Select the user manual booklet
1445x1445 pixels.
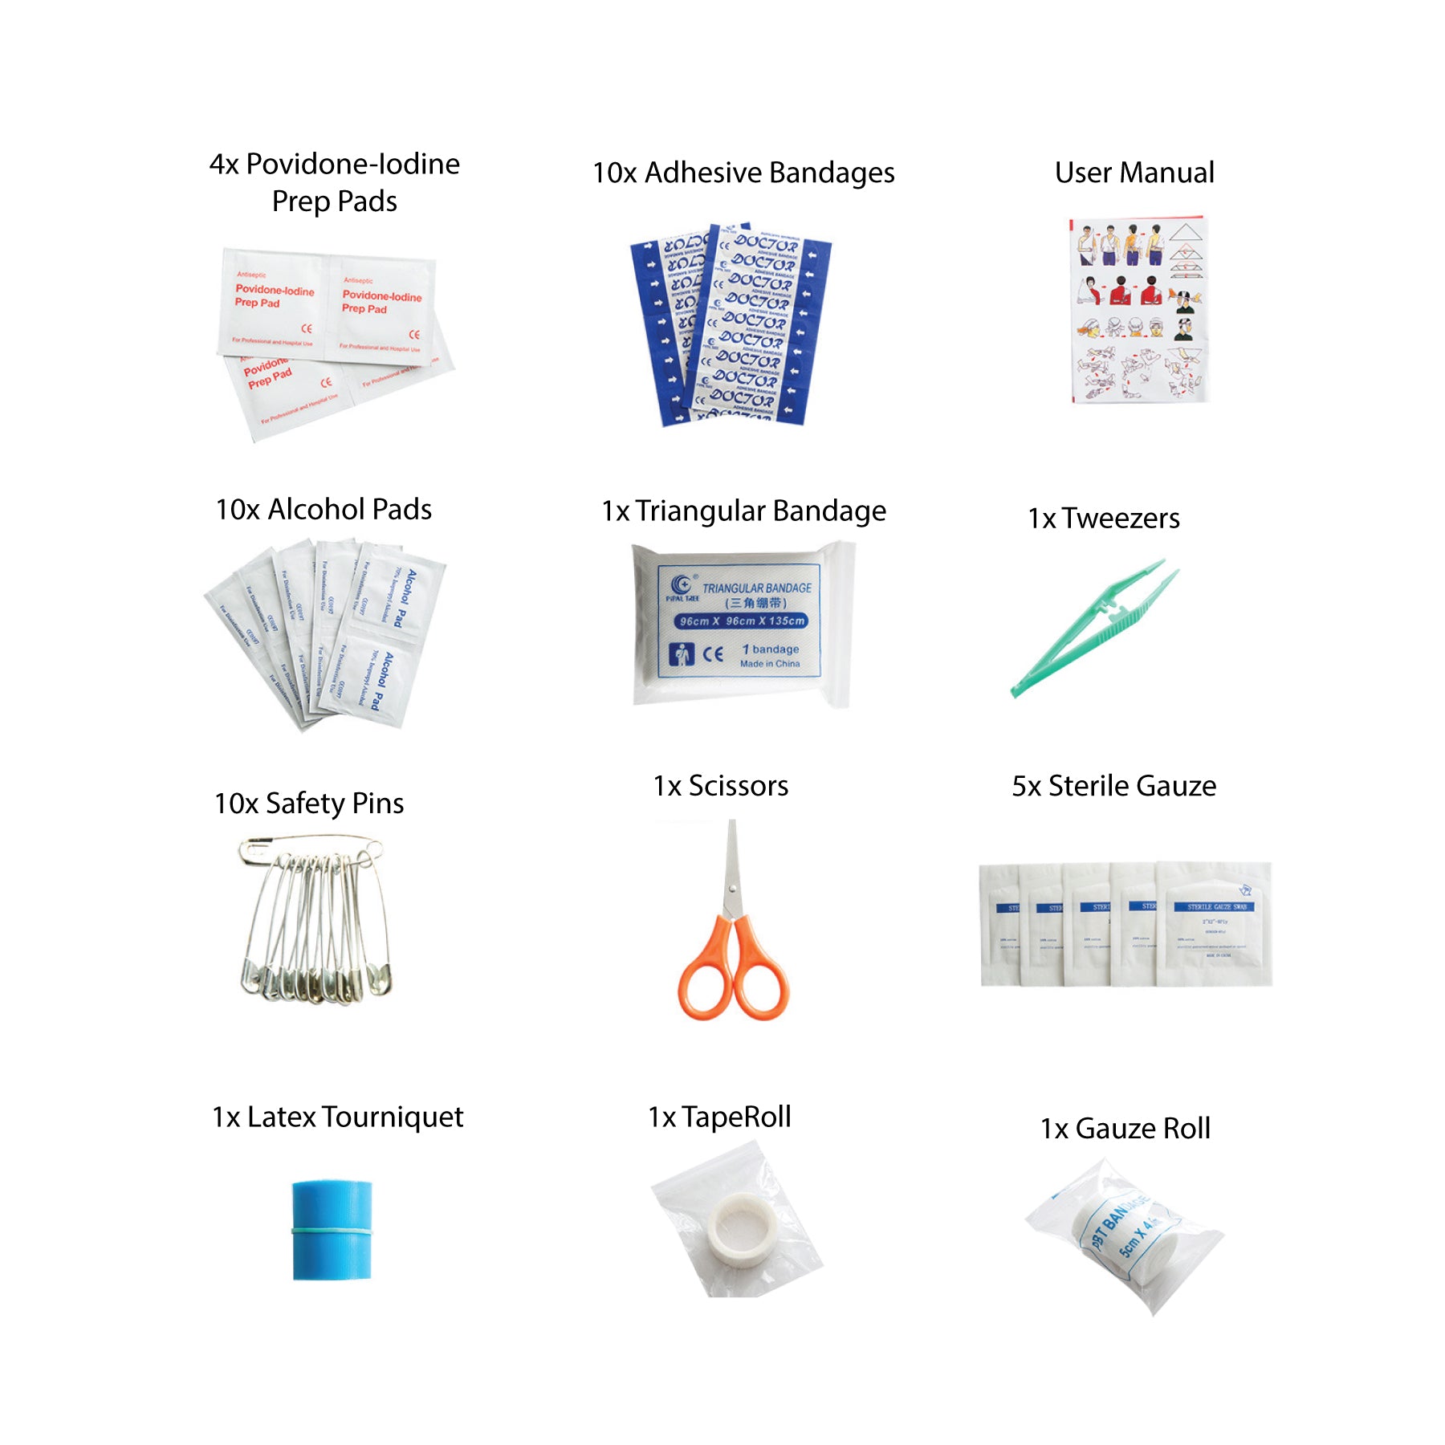point(1138,309)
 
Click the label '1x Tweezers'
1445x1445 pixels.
point(1104,519)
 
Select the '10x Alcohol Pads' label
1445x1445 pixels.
point(324,510)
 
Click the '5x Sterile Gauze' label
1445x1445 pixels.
point(1113,786)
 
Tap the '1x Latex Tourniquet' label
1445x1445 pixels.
point(337,1117)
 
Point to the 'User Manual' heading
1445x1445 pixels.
point(1134,173)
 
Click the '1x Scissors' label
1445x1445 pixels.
point(720,786)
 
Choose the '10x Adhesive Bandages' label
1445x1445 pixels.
point(743,173)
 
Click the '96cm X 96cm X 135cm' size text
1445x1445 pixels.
point(741,621)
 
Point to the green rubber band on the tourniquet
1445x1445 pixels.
point(332,1230)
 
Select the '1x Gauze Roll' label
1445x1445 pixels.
point(1125,1129)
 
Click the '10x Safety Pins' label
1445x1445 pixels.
point(309,804)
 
